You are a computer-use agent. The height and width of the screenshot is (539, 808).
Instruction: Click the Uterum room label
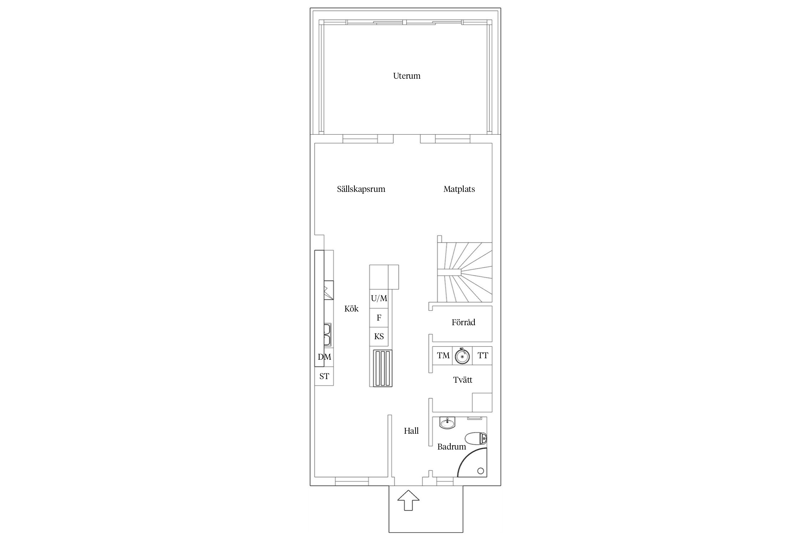tap(407, 76)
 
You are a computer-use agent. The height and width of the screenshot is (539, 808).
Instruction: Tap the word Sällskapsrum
tap(361, 189)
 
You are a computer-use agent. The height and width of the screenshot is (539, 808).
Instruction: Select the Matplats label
tap(459, 189)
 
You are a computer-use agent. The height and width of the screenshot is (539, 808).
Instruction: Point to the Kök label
tap(351, 309)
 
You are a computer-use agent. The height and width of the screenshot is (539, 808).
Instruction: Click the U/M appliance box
tap(379, 299)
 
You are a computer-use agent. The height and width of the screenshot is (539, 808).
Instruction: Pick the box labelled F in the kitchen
tap(379, 318)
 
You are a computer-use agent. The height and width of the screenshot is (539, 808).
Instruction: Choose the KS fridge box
tap(379, 337)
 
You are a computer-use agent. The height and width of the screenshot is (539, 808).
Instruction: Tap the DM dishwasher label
tap(324, 357)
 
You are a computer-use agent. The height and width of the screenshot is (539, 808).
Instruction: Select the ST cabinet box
tap(324, 376)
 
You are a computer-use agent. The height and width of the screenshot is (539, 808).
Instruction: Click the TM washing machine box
tap(442, 356)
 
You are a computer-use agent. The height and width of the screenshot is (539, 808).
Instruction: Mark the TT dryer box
tap(482, 356)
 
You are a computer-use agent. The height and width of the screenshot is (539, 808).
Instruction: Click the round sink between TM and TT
tap(462, 356)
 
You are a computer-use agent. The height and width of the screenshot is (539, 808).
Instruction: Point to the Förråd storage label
tap(463, 322)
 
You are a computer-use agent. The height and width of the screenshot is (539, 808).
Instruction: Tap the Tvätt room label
tap(463, 380)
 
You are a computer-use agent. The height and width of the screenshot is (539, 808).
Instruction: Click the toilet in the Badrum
tap(476, 439)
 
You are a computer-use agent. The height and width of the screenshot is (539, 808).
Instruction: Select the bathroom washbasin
tap(447, 423)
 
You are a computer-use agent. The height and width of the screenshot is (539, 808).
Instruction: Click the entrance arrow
tap(408, 500)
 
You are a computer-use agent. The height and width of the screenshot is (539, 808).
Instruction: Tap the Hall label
tap(411, 431)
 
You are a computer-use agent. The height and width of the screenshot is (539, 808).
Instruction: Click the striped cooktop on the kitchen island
tap(382, 368)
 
